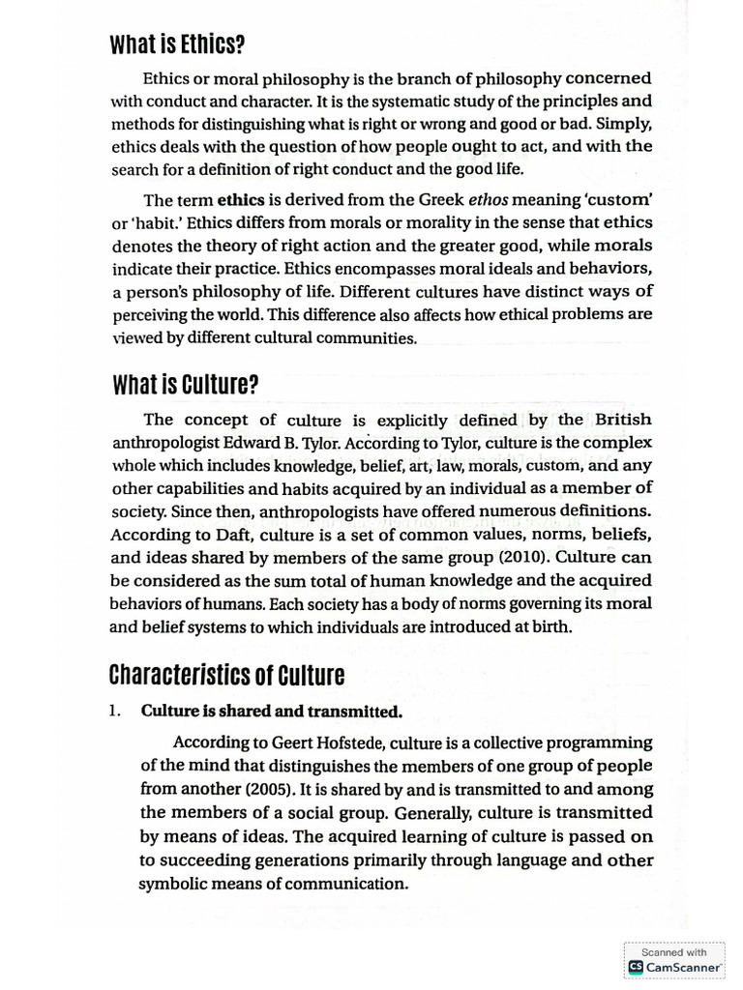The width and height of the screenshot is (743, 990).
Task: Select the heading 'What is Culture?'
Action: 185,386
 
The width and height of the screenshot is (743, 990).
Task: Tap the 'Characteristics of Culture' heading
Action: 227,674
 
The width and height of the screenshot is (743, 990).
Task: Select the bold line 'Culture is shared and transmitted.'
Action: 272,711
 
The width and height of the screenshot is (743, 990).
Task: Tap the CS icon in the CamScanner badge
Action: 636,966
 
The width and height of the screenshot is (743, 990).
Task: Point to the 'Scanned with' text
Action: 673,951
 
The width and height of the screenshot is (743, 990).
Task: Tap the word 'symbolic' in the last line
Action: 171,884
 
